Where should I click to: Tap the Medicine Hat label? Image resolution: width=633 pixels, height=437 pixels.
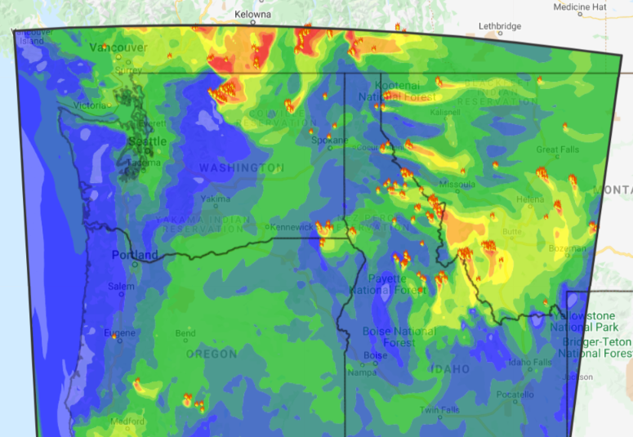(579, 7)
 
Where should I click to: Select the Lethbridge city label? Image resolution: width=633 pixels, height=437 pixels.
(499, 26)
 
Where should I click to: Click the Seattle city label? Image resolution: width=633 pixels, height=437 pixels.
(147, 141)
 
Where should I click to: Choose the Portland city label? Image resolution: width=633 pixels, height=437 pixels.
(135, 255)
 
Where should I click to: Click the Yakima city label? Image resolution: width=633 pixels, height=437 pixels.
(210, 198)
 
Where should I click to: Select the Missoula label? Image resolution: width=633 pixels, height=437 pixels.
(457, 185)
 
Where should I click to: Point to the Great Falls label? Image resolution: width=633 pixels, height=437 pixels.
(559, 149)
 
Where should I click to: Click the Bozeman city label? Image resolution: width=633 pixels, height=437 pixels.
(567, 248)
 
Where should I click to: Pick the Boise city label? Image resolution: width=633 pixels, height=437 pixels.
(375, 355)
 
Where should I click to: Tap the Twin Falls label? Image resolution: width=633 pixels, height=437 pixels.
(440, 409)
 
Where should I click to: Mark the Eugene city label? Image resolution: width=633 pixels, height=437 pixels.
(120, 332)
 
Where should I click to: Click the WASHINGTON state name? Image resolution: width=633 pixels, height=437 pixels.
(242, 167)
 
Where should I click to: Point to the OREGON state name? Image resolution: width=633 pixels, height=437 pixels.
(211, 355)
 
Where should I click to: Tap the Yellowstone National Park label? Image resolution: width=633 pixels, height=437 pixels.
(588, 320)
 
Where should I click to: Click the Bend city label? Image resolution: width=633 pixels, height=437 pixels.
(185, 333)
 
